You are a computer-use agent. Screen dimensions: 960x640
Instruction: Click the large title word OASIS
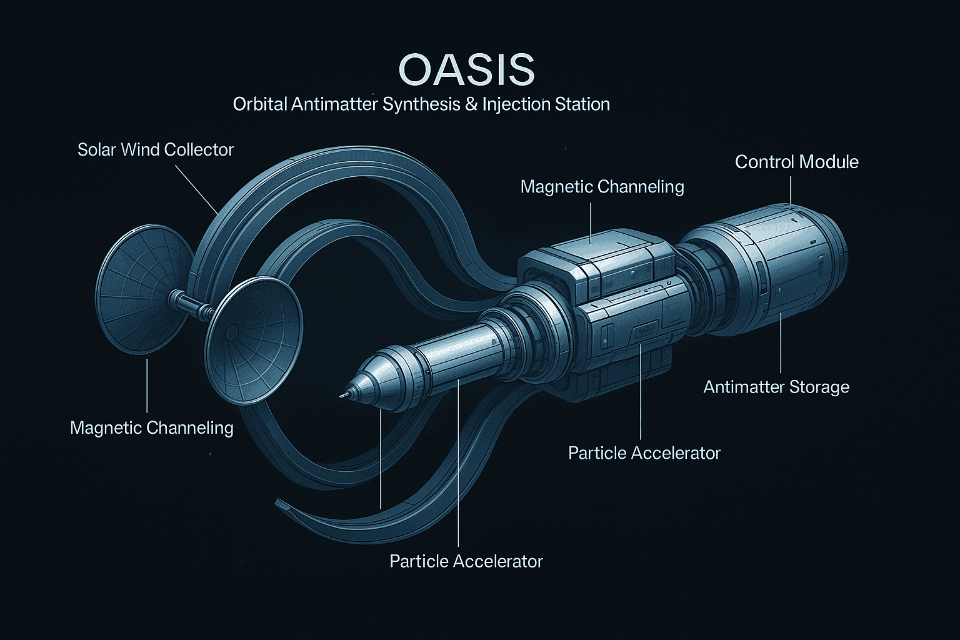click(x=466, y=69)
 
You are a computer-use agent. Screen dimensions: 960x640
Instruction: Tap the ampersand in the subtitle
click(x=471, y=104)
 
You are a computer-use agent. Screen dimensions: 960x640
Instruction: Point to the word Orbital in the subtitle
click(x=260, y=104)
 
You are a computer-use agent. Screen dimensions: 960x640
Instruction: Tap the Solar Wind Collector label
click(x=156, y=149)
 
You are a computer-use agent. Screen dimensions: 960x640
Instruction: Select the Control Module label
click(x=797, y=162)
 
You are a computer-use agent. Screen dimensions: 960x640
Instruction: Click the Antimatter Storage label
click(x=776, y=387)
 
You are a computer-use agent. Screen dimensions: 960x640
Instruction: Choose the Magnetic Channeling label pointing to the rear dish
click(x=152, y=427)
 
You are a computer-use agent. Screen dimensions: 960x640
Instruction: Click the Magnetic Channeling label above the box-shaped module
click(x=602, y=187)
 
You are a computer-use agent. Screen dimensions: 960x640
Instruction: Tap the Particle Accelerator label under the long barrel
click(x=466, y=561)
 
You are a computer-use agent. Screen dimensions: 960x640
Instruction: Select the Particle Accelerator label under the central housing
click(x=644, y=453)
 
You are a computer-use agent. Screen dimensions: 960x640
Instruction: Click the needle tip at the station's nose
click(x=342, y=396)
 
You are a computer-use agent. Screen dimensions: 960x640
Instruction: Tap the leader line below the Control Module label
click(x=790, y=191)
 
